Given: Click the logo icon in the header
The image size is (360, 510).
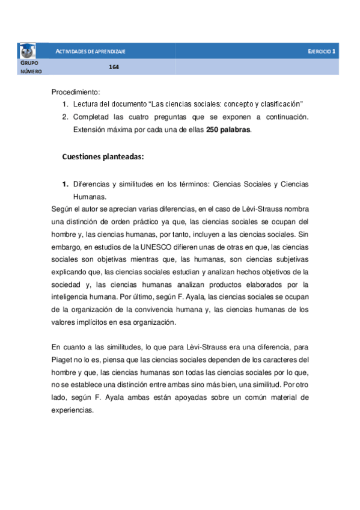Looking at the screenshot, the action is [28, 51].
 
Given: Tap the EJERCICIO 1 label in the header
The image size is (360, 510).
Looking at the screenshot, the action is [322, 52].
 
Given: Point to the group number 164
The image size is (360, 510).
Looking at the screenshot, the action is [114, 67].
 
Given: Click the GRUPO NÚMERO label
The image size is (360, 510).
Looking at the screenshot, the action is [31, 67].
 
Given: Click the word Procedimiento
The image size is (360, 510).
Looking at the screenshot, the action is [75, 92].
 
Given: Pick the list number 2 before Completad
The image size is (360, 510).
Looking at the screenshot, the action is [66, 117].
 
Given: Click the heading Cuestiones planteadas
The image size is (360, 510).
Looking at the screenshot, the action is [103, 158].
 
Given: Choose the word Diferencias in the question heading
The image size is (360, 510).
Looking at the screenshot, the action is [93, 184].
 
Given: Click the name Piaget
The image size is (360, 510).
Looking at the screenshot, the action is [63, 360].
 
